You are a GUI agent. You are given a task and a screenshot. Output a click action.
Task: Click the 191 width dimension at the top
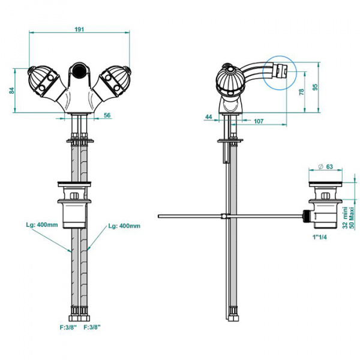pyautogui.click(x=79, y=29)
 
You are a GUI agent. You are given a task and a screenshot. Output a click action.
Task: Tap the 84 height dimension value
pyautogui.click(x=11, y=90)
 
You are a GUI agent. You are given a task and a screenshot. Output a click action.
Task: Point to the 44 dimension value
pyautogui.click(x=209, y=116)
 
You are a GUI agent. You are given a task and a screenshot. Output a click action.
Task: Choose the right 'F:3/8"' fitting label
pyautogui.click(x=92, y=327)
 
